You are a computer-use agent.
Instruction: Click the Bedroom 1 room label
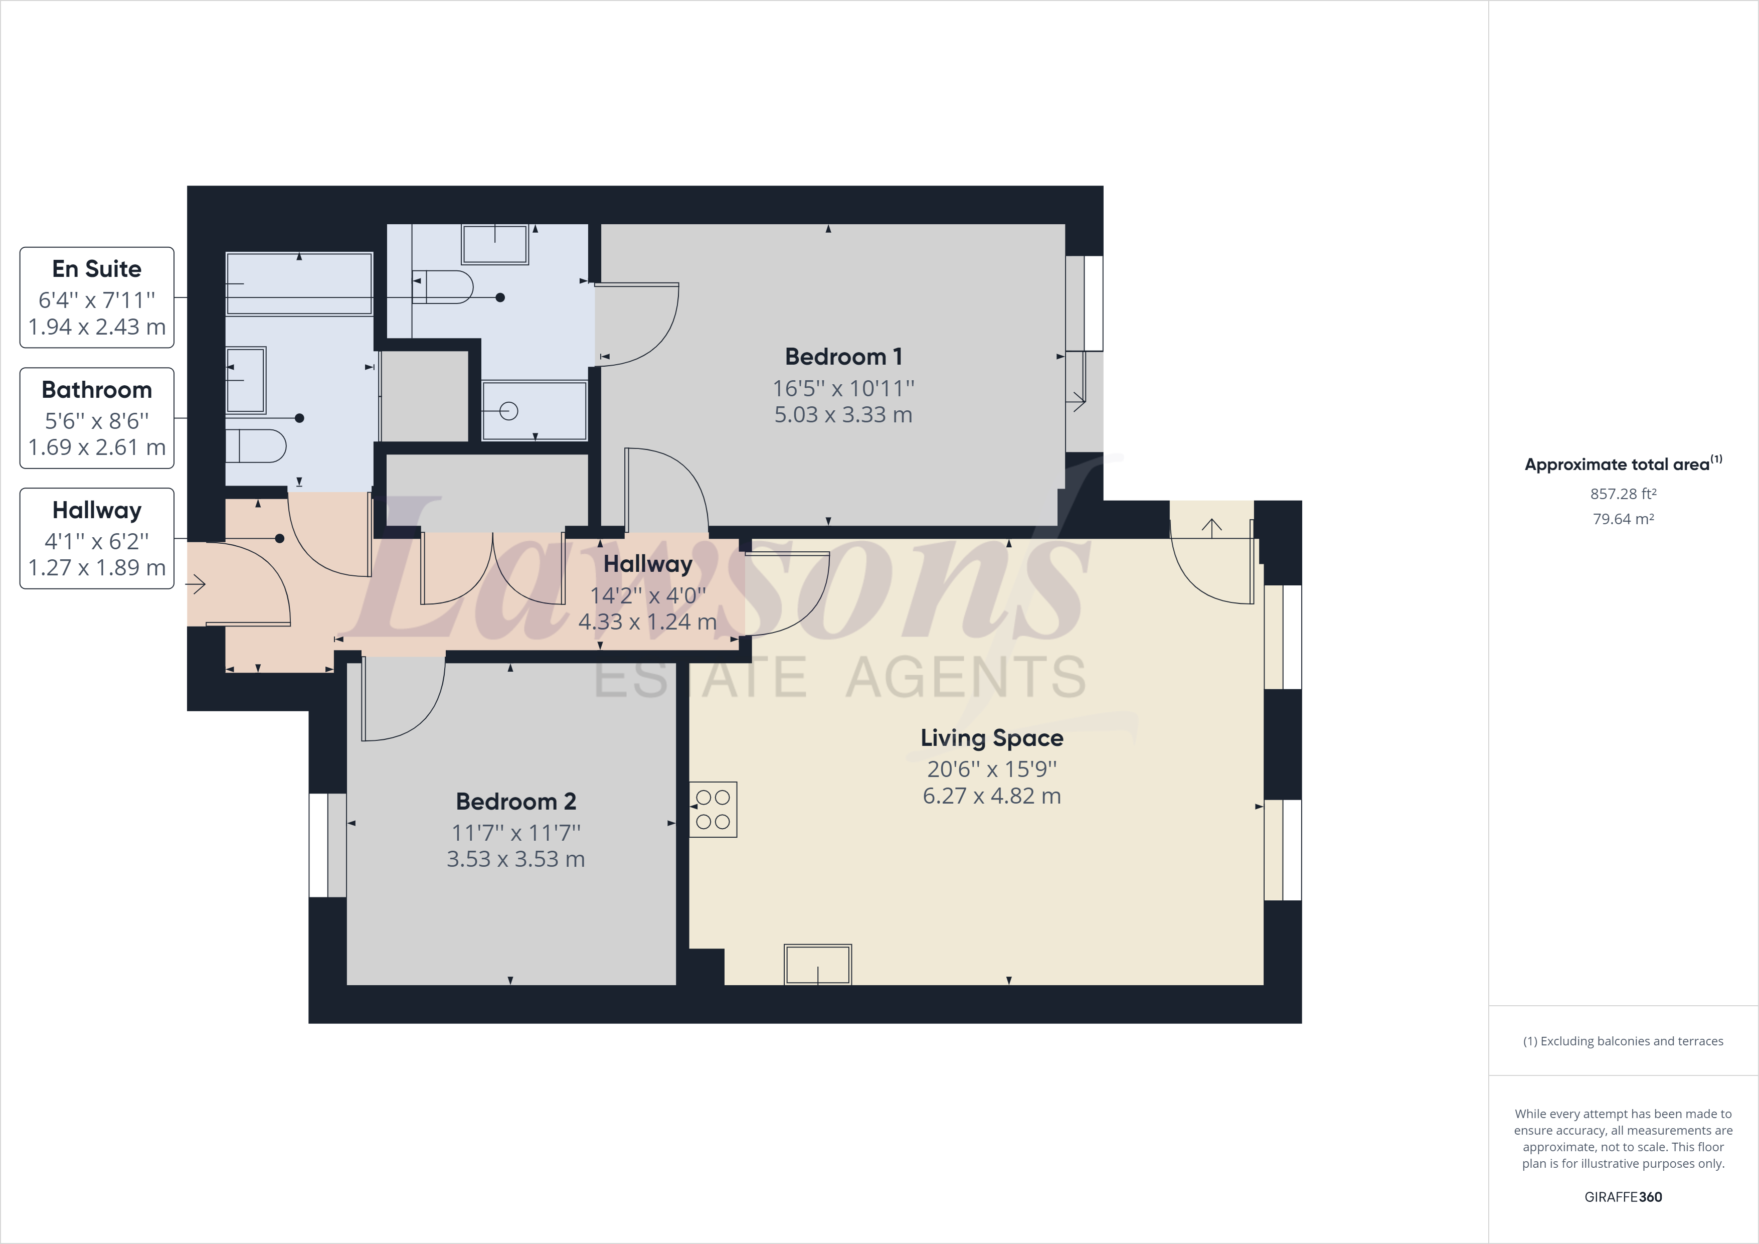[x=843, y=357]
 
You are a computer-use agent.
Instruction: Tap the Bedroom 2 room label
[x=515, y=801]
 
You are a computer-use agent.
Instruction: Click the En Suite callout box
[x=97, y=297]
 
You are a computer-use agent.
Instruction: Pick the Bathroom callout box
[x=97, y=418]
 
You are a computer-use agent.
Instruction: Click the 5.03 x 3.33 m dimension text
[x=843, y=415]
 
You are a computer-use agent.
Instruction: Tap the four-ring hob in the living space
[x=713, y=810]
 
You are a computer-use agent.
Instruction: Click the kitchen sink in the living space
[x=817, y=964]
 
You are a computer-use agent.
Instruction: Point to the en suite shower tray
[x=534, y=411]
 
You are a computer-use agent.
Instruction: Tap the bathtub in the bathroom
[x=299, y=283]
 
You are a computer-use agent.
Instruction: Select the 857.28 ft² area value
[x=1623, y=494]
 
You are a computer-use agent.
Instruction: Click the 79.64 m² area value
[x=1623, y=519]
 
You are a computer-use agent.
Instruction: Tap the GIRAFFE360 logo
[x=1623, y=1196]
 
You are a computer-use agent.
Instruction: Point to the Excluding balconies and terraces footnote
[x=1623, y=1041]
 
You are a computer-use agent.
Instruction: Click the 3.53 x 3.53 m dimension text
[x=515, y=859]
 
